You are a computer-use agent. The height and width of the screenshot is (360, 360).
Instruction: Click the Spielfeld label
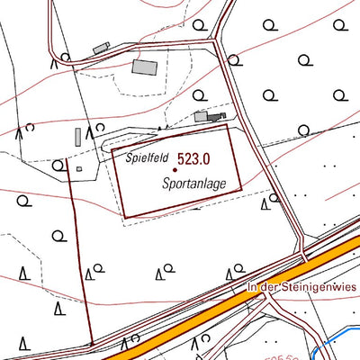(147, 156)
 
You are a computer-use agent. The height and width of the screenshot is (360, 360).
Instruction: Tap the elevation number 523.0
(193, 158)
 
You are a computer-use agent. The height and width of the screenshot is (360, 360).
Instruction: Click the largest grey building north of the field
(144, 66)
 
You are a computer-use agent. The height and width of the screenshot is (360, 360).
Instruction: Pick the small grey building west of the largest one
(101, 46)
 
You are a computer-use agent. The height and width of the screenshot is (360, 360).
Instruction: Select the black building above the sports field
(213, 116)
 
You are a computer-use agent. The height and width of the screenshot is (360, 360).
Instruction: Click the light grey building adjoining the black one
(201, 116)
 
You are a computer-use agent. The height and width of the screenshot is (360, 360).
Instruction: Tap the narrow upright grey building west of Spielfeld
(77, 138)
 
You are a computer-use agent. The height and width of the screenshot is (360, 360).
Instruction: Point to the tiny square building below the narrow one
(79, 167)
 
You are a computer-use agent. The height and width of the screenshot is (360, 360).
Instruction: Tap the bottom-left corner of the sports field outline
(122, 218)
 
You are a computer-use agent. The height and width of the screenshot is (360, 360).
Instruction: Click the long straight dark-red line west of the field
(79, 261)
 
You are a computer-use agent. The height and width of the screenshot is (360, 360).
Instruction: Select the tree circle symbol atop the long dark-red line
(61, 165)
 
